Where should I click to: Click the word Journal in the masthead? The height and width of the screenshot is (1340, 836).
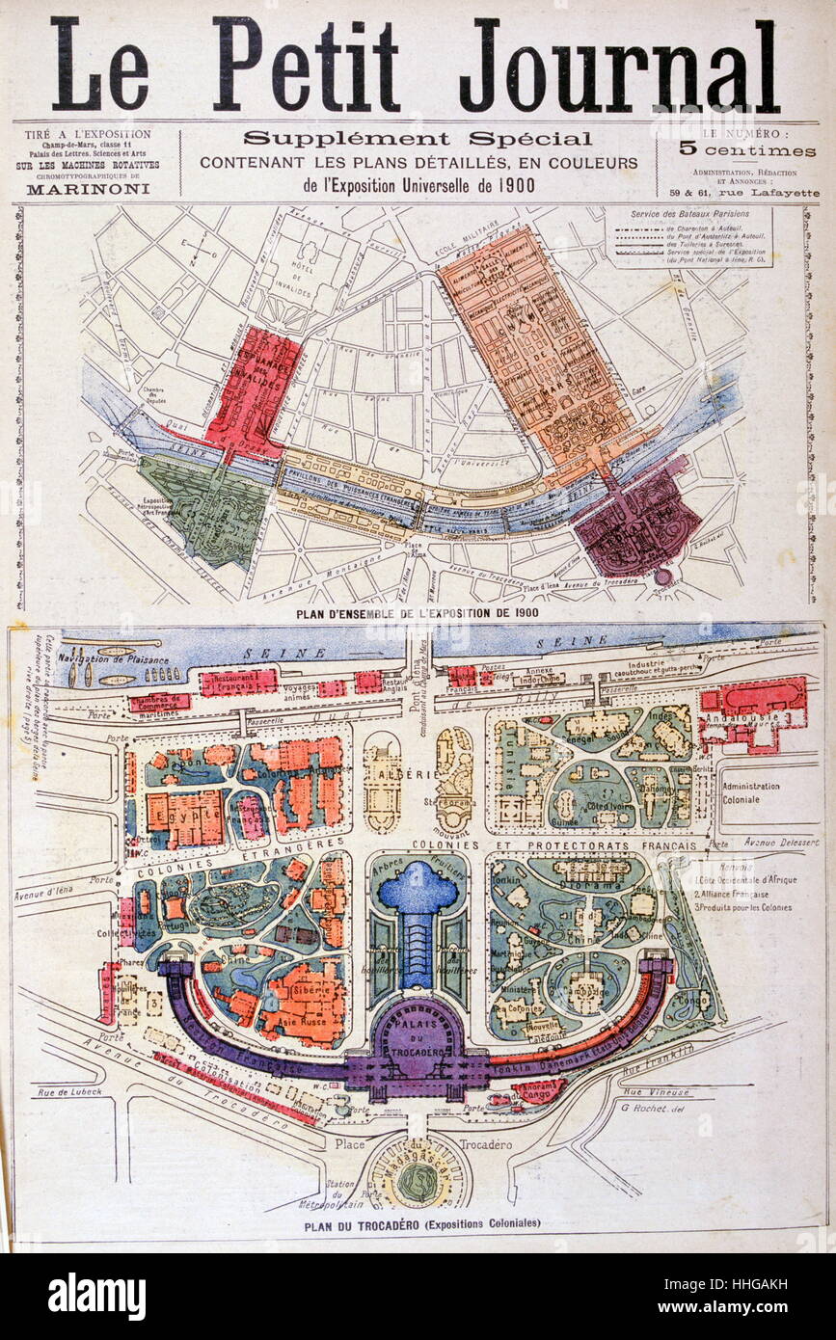[618, 66]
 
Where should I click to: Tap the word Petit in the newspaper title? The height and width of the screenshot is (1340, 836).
[306, 66]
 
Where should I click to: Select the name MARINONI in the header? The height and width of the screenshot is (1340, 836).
[87, 190]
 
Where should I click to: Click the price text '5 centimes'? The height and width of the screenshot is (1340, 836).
[747, 150]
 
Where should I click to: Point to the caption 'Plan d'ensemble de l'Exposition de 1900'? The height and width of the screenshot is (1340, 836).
[416, 612]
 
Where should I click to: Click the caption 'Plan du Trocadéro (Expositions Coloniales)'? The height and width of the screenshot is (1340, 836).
[421, 1223]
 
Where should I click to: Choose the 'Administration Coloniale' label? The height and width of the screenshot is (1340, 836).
[758, 791]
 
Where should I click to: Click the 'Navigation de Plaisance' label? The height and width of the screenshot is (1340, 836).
[113, 659]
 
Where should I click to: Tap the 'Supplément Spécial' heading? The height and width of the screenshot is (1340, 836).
[418, 139]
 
